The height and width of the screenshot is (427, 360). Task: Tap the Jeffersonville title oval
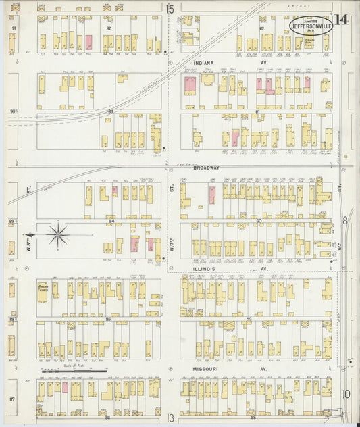[x=311, y=25]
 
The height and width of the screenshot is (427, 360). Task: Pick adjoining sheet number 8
[x=344, y=220]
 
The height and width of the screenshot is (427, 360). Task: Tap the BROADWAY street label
[x=208, y=168]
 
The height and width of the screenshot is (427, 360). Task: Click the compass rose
[x=58, y=236]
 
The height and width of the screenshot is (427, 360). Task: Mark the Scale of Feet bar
[x=73, y=370]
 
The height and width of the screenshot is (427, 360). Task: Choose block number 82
[x=108, y=29]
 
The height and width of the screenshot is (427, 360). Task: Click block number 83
[x=110, y=110]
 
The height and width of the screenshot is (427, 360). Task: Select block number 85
[x=108, y=318]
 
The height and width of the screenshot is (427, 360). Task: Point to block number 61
[x=257, y=111]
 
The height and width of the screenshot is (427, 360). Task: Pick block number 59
[x=249, y=318]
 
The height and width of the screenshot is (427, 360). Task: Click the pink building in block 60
[x=212, y=195]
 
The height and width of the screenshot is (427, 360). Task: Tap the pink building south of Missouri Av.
[x=66, y=388]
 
